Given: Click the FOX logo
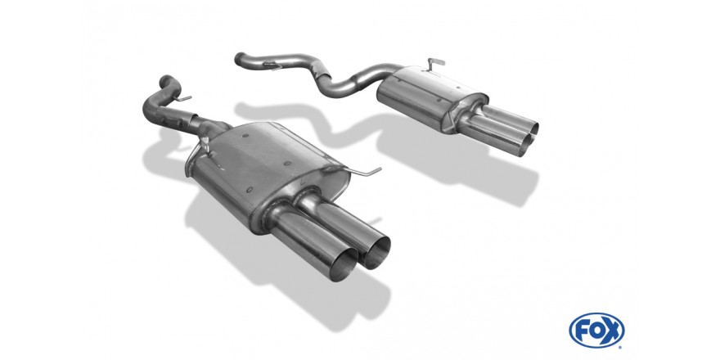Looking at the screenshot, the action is pyautogui.click(x=596, y=331).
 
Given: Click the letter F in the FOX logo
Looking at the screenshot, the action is pyautogui.click(x=582, y=331).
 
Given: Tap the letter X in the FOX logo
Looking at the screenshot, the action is pyautogui.click(x=612, y=331).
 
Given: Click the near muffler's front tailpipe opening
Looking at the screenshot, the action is pyautogui.click(x=342, y=264).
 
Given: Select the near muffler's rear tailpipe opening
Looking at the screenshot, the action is pyautogui.click(x=376, y=253).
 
